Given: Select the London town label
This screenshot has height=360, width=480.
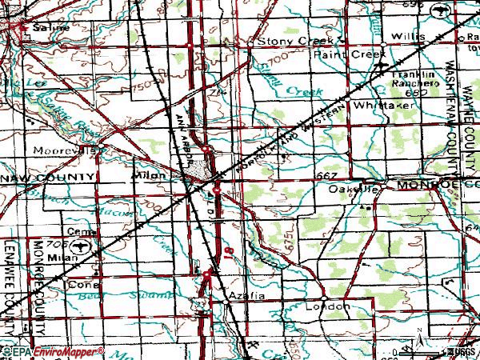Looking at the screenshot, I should [332, 306].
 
